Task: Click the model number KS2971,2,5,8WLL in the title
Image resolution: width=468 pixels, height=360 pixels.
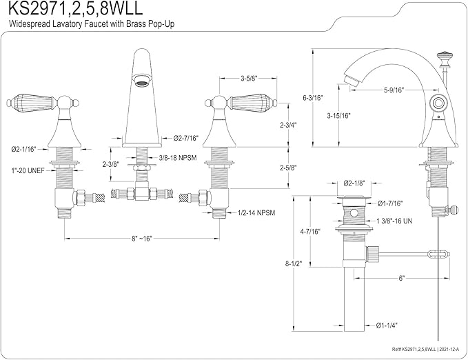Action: coord(75,9)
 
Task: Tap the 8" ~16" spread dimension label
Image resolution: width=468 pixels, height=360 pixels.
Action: coord(142,239)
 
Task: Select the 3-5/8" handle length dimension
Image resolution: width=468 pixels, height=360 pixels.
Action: coord(249,78)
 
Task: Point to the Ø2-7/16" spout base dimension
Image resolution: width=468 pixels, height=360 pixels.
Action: coord(186,138)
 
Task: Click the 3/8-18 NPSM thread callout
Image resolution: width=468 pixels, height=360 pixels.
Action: coord(178,158)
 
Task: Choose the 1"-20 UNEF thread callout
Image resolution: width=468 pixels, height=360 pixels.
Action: coord(28,171)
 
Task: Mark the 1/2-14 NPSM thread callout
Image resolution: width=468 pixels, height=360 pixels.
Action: coord(256,213)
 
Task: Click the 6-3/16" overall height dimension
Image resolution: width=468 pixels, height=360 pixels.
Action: coord(313,98)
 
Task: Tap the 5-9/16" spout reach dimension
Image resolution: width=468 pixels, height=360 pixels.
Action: coord(394,90)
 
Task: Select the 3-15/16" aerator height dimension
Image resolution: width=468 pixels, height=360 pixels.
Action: coord(338,116)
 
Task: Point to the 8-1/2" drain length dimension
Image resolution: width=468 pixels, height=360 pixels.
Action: coord(294,264)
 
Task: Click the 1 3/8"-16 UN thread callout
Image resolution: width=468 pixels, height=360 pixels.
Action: coord(394,221)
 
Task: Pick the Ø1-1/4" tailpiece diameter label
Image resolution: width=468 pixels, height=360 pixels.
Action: coord(387,325)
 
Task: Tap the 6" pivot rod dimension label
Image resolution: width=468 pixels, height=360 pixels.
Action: coord(401,278)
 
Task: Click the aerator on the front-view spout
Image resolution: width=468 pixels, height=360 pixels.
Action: coord(141,80)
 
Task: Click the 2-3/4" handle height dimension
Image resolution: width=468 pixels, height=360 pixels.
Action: coord(288,126)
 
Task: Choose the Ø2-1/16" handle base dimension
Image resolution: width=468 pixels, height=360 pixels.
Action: coord(23,149)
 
